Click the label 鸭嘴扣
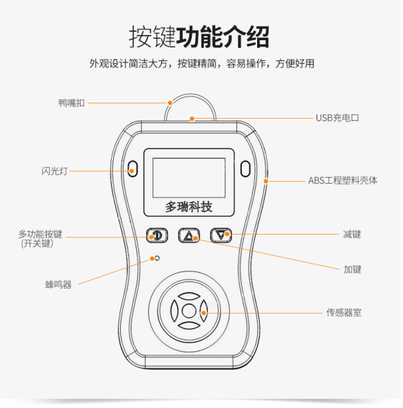[x=72, y=103]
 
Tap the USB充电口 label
[x=337, y=118]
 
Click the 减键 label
[x=352, y=235]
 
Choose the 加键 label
[x=352, y=269]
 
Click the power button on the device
[x=156, y=235]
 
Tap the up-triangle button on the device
[x=188, y=235]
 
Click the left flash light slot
[x=132, y=169]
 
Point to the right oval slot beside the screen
[x=245, y=169]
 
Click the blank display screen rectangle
[x=188, y=176]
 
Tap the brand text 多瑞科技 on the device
[x=188, y=206]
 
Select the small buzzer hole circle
[x=158, y=259]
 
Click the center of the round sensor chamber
[x=188, y=311]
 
